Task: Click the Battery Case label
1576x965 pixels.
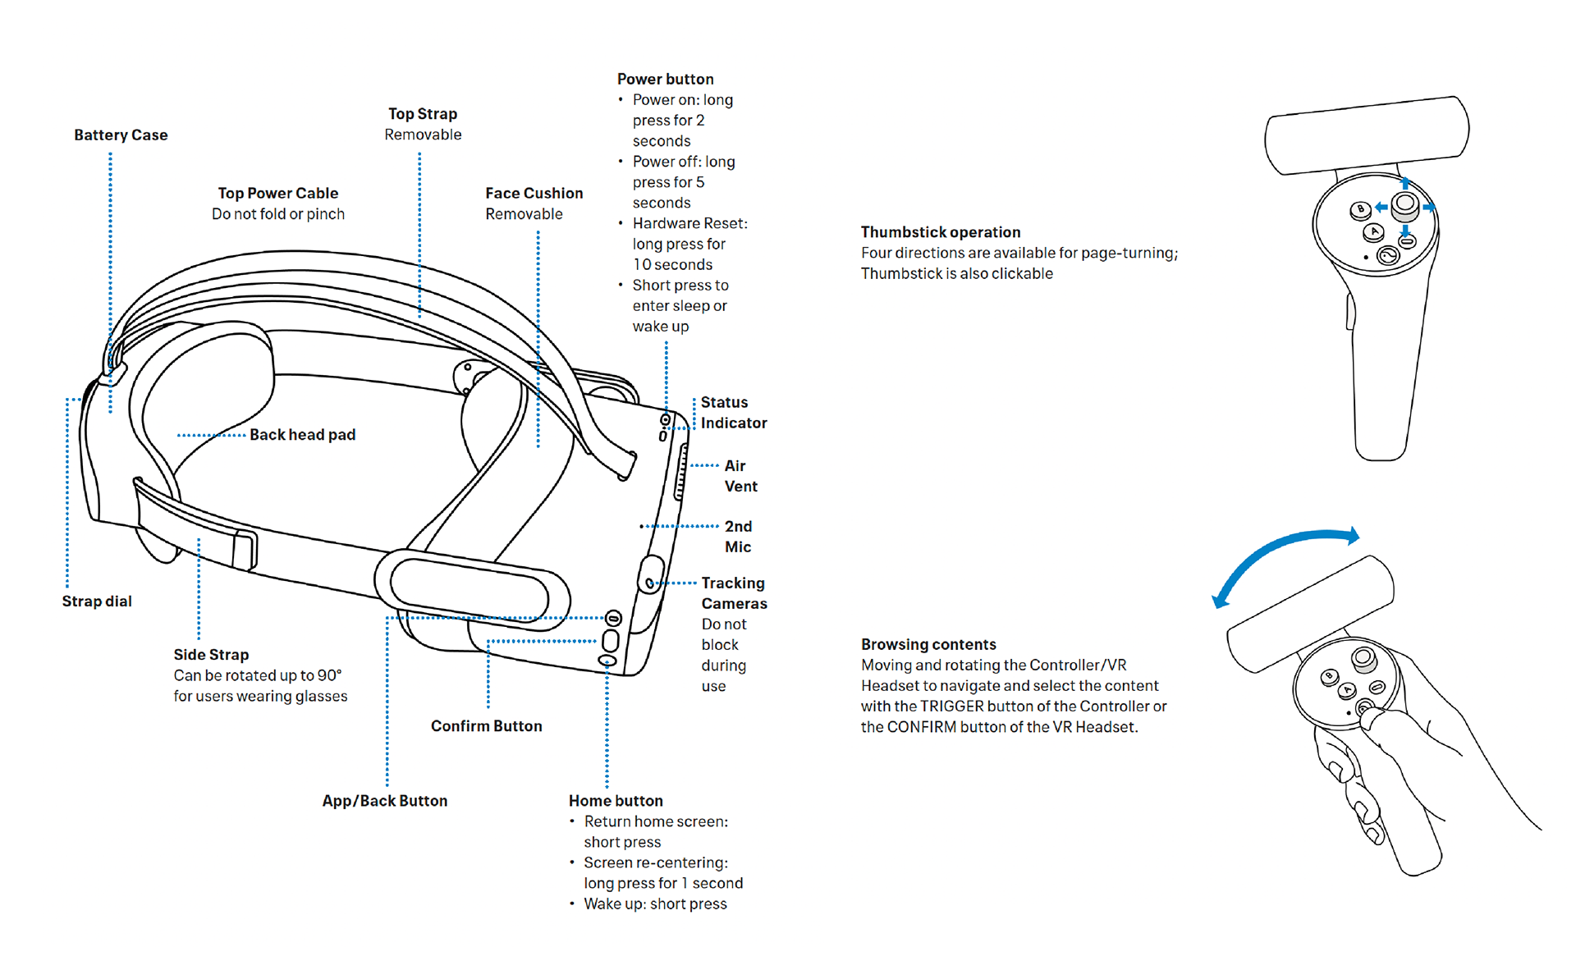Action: pos(121,135)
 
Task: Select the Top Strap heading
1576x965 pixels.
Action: pos(423,114)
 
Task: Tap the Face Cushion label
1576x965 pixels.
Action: pos(534,194)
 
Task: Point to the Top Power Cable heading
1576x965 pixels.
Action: pos(278,194)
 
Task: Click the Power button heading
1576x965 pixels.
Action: pos(665,80)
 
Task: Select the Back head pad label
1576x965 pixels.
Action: pos(302,435)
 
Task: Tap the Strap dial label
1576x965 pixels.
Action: pos(97,601)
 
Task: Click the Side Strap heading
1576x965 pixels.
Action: pos(211,655)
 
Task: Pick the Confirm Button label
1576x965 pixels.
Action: pos(486,726)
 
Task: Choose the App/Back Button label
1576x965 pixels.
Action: pos(384,801)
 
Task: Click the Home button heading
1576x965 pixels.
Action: pos(616,801)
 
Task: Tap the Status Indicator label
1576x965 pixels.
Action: pos(733,413)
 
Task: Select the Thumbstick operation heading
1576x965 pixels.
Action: pos(941,232)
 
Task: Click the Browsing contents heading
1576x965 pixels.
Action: pos(928,644)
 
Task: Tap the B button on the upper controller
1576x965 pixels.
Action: pos(1360,210)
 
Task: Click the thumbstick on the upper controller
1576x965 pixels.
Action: pos(1405,203)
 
